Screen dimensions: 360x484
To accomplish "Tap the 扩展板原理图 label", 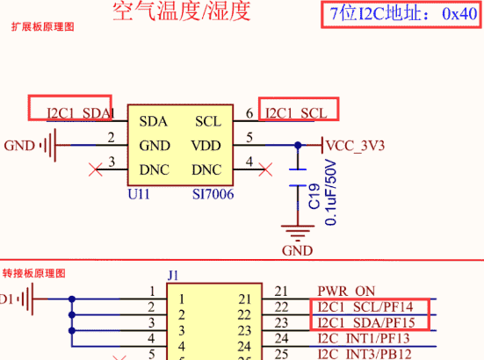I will tap(43, 28).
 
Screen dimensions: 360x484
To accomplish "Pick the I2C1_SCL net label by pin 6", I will tap(296, 113).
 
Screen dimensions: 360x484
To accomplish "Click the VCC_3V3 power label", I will tap(355, 145).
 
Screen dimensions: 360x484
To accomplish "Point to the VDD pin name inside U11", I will tap(206, 145).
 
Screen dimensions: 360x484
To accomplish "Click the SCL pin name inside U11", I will tap(208, 121).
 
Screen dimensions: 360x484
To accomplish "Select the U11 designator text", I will tap(139, 194).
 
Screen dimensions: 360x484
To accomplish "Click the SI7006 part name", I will tap(213, 194).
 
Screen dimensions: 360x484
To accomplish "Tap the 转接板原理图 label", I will tap(33, 275).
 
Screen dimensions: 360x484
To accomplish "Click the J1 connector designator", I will tap(173, 275).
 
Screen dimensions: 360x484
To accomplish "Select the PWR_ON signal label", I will tap(347, 292).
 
